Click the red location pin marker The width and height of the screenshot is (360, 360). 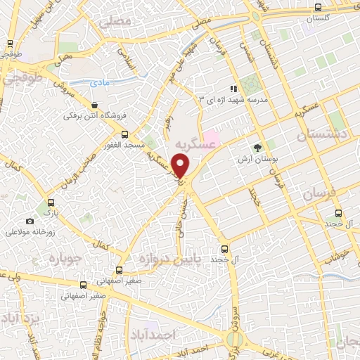click(x=181, y=167)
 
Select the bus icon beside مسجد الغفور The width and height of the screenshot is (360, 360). click(x=124, y=134)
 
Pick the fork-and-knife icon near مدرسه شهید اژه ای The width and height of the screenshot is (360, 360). click(x=233, y=89)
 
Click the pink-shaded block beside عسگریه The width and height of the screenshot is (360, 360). click(x=211, y=136)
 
